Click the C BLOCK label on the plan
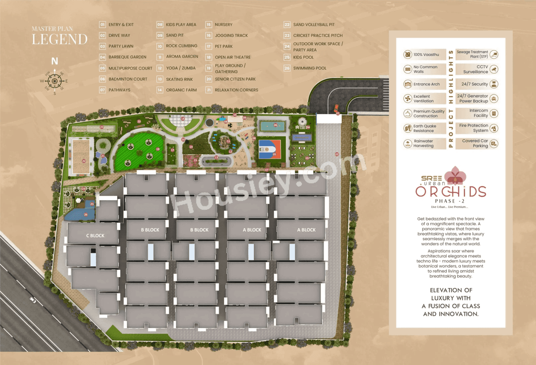[95, 236]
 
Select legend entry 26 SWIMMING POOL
[309, 68]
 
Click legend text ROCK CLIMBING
[181, 46]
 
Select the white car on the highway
[33, 300]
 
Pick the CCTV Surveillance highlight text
[476, 69]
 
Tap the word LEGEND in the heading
[59, 40]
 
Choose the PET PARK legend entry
[224, 46]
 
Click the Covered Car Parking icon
[494, 144]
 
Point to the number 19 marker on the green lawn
[158, 149]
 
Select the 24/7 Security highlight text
[474, 84]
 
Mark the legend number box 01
[103, 25]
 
